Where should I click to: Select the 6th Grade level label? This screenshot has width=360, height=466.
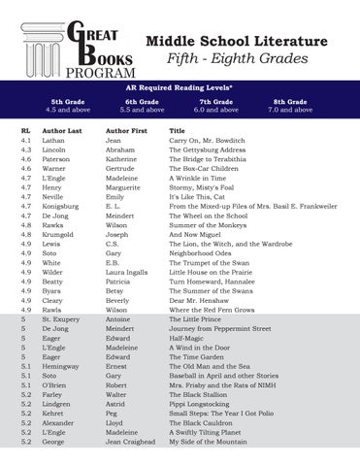point(143,101)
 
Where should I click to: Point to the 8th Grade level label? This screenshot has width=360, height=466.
point(290,101)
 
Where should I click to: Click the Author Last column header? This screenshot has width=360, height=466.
point(62,129)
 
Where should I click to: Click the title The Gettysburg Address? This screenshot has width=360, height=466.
point(208,150)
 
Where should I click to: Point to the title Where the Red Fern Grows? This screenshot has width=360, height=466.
point(213,309)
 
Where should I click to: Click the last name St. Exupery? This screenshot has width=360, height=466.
point(65,318)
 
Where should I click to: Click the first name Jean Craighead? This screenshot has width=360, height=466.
point(130,440)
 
